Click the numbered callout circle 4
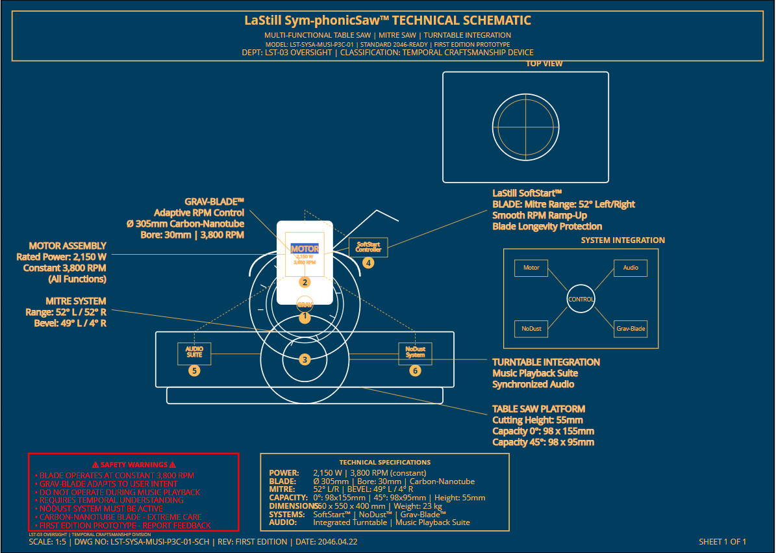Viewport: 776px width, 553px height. [x=368, y=263]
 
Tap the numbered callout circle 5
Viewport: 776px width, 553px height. [x=194, y=371]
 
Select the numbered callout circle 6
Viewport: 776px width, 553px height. [x=415, y=371]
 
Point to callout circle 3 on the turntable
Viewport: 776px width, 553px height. [x=305, y=359]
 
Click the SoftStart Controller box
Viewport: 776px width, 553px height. [x=368, y=248]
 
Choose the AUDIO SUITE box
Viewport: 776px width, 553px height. [x=194, y=353]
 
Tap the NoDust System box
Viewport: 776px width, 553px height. [x=415, y=353]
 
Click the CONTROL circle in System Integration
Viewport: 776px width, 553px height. [x=581, y=300]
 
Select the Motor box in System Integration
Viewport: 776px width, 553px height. [x=531, y=268]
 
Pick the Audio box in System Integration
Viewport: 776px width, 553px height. [x=630, y=268]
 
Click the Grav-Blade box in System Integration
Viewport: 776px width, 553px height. [x=630, y=329]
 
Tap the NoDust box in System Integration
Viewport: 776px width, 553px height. [x=531, y=329]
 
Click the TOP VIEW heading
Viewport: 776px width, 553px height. [x=544, y=64]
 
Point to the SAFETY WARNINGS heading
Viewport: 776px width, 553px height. [x=134, y=465]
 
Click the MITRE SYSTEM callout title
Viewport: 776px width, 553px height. [x=76, y=302]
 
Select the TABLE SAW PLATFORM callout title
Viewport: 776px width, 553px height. [x=538, y=409]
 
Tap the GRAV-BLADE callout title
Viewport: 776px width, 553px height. [x=214, y=201]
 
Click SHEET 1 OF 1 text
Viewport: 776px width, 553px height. [x=722, y=541]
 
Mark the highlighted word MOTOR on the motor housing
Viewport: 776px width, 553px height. [x=305, y=249]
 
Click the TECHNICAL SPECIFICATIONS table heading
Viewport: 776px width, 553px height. [x=384, y=462]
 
